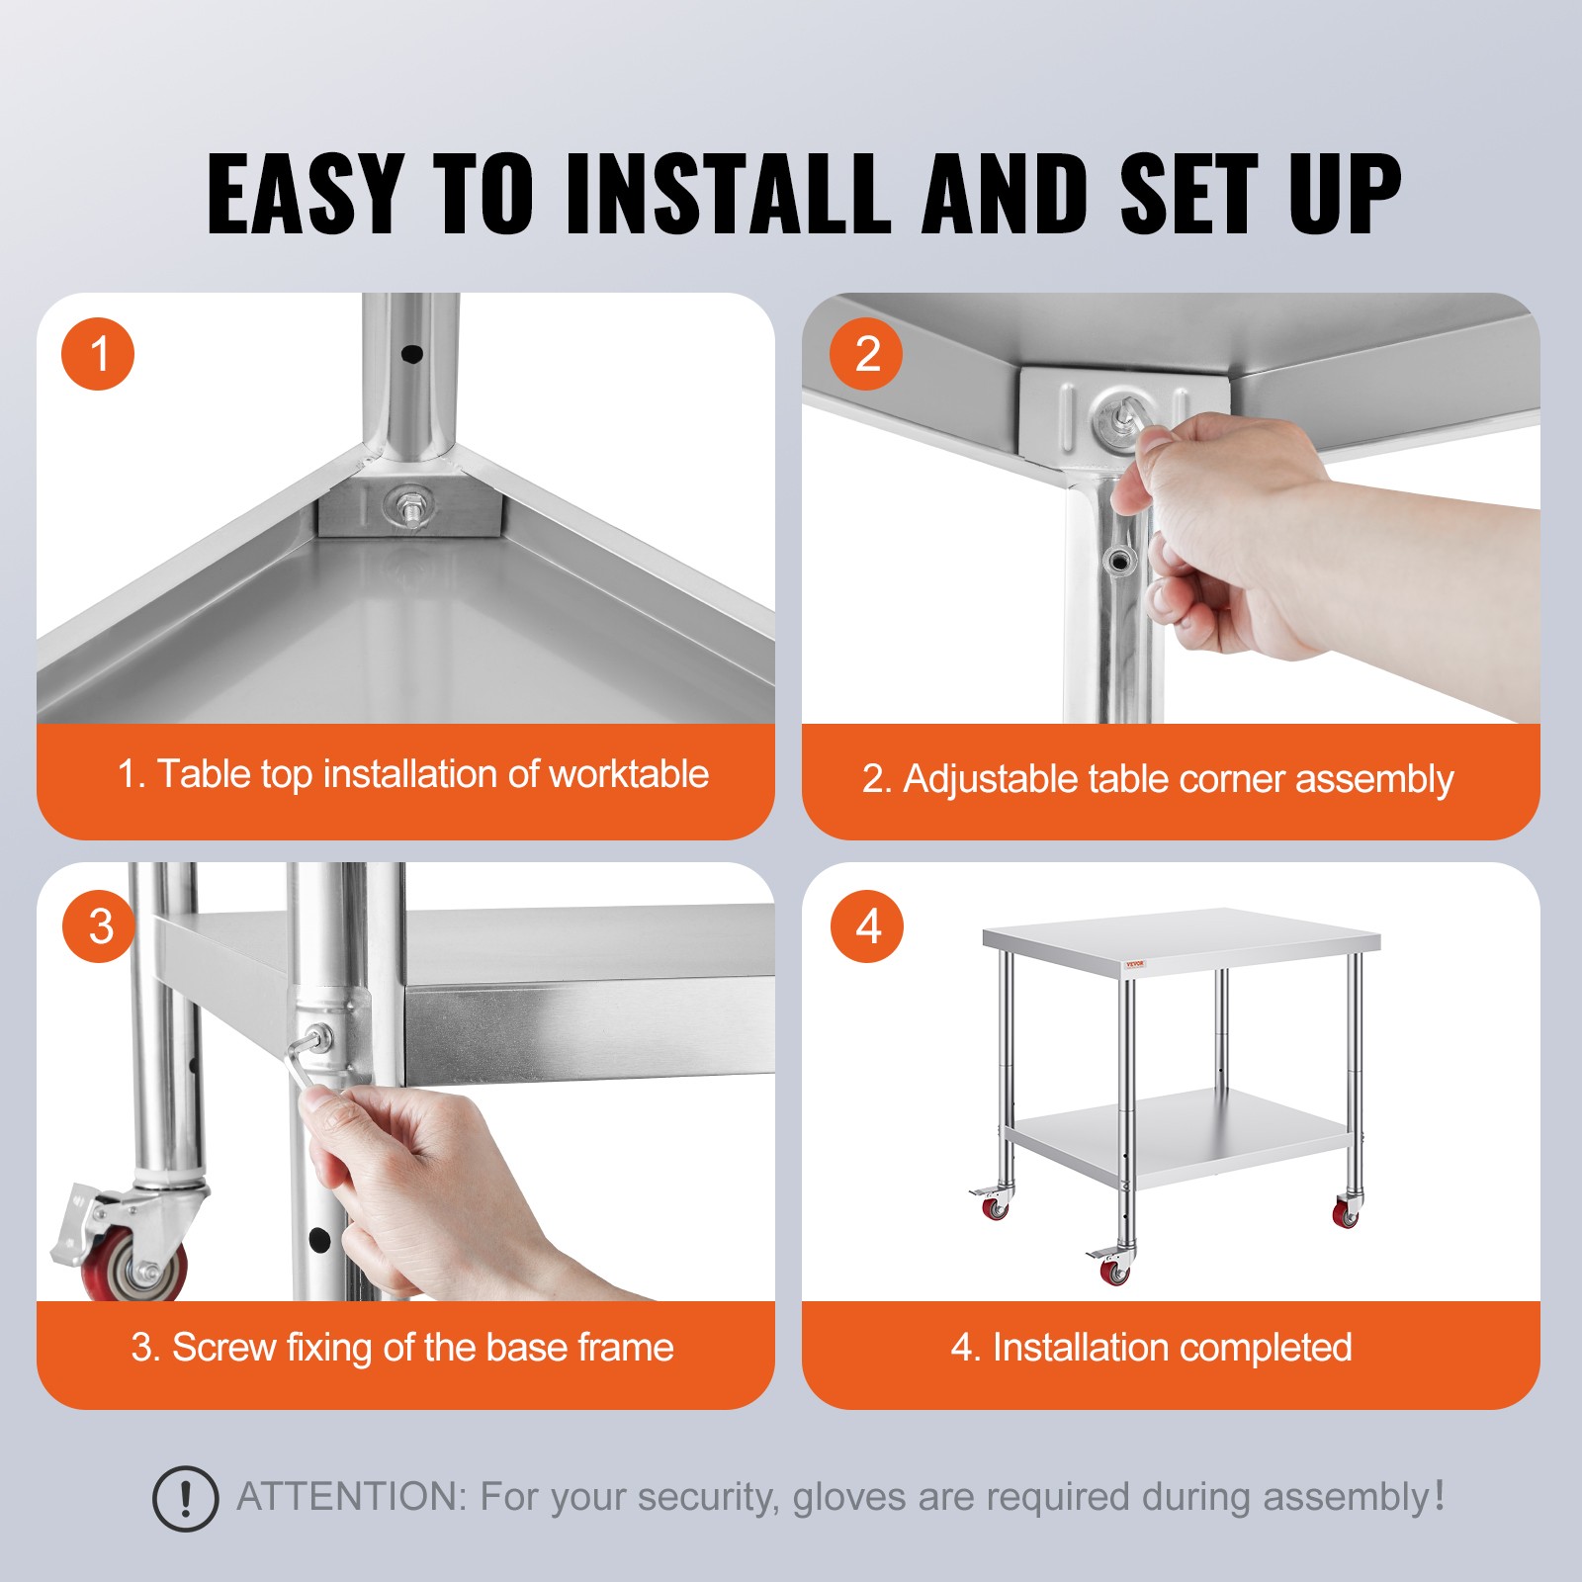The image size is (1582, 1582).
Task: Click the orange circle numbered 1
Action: point(98,353)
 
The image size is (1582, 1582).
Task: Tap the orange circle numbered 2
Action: point(866,353)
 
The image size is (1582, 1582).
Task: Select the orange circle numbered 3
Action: point(99,925)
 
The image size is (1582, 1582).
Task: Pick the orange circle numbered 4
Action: point(867,925)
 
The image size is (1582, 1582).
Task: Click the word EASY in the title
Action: point(305,195)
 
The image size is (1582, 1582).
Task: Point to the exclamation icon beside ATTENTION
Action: point(185,1499)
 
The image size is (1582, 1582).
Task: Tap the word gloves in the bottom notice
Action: point(848,1497)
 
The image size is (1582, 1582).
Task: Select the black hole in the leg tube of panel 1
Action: point(412,354)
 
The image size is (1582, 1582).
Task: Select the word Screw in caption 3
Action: point(223,1348)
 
